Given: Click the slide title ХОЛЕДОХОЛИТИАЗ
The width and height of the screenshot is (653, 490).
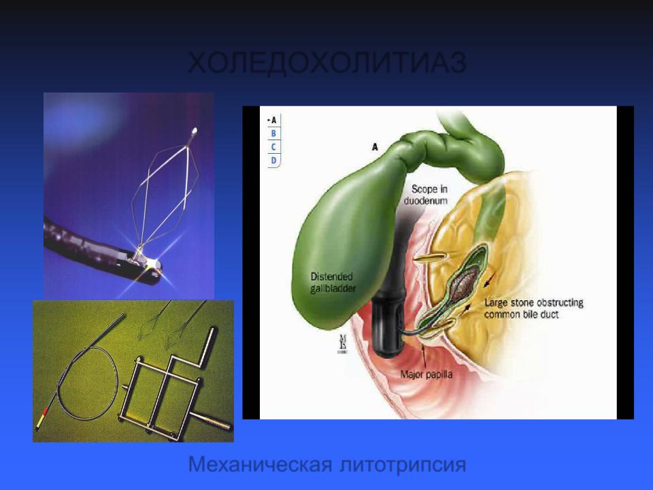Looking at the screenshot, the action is pos(327,63).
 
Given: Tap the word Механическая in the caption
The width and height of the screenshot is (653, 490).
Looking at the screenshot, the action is pos(260,463).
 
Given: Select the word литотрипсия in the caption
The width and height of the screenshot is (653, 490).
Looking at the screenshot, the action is pos(403,465).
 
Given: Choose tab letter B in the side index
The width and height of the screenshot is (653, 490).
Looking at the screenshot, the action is pos(273,133).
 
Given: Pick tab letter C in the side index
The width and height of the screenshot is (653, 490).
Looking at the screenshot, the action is pos(273,147).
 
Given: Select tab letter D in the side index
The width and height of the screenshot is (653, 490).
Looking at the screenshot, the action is pos(273,161).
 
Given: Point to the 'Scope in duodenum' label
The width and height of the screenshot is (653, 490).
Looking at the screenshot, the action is pos(426,195).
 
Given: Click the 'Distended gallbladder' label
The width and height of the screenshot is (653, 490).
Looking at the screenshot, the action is pos(333,282).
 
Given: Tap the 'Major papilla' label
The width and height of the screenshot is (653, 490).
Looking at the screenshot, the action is pos(426,374).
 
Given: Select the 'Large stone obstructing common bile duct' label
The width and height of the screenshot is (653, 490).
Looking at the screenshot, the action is pos(533,308).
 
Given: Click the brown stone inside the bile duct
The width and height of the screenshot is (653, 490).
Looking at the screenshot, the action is pos(466,283).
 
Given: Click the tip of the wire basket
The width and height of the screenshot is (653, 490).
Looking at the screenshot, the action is pos(194,131).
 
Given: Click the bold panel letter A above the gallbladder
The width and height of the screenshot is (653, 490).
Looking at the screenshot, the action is pos(375,147).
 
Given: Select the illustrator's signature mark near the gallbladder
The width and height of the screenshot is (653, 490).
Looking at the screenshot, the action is pos(343,343).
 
